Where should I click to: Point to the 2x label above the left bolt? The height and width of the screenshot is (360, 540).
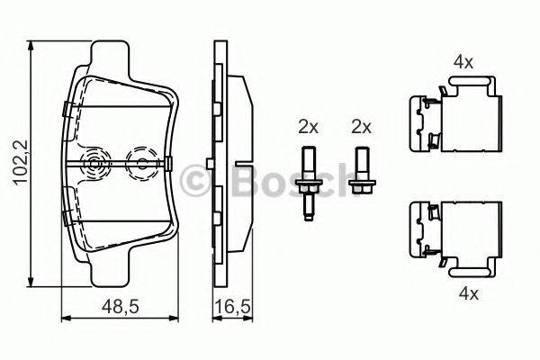[x=309, y=127]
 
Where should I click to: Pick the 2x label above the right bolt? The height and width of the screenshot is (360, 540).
[x=362, y=127]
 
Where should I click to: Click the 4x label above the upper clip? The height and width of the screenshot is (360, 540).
[x=463, y=62]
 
